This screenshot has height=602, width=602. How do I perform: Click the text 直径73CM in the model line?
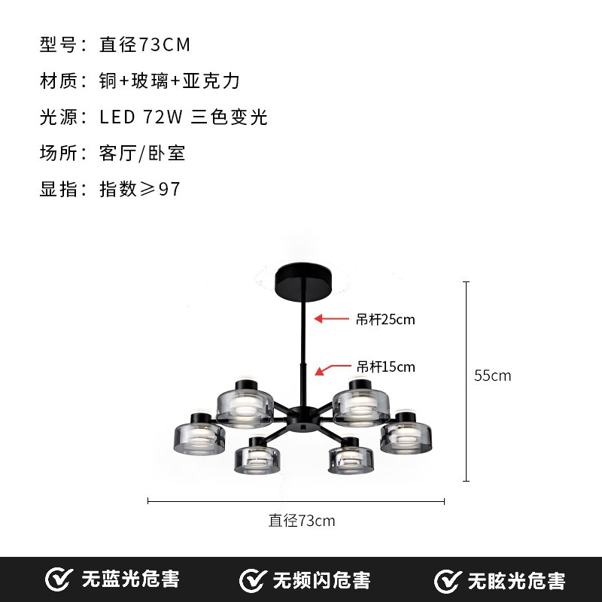[145, 45]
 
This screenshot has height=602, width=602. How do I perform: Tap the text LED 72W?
[141, 117]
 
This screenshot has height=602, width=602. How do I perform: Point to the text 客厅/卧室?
[142, 154]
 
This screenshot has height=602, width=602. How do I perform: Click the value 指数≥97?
[140, 189]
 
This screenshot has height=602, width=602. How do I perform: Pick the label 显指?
[58, 189]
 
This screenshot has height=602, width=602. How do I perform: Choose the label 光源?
[58, 117]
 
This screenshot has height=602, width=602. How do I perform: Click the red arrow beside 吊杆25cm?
[329, 319]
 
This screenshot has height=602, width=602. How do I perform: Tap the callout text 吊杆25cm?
[385, 320]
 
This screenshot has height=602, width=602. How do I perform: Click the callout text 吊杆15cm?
[385, 367]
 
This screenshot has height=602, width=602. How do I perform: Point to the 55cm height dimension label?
[492, 375]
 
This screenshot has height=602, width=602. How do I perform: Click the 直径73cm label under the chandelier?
[302, 520]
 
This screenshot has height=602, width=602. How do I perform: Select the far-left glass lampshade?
[202, 435]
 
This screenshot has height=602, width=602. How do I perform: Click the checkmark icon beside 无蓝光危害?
[59, 579]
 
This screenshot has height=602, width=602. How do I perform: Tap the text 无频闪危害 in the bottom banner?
[321, 580]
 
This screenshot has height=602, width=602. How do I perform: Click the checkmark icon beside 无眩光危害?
[448, 580]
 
